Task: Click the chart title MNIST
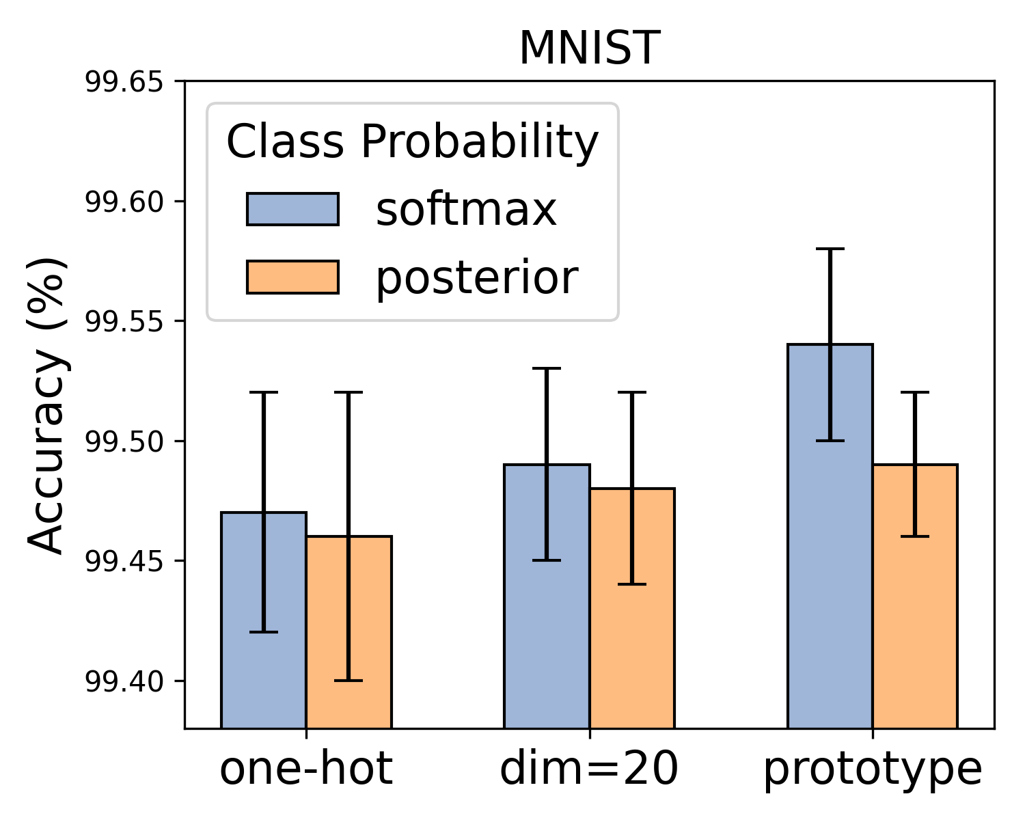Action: [590, 48]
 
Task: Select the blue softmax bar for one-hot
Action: [263, 620]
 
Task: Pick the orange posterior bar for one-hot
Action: [348, 632]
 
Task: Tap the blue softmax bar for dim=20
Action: [547, 596]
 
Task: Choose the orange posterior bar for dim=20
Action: [632, 608]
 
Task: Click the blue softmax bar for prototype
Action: [830, 536]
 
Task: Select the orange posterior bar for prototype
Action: [915, 596]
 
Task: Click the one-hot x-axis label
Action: [306, 769]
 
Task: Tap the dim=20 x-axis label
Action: [589, 769]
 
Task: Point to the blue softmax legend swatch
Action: [292, 208]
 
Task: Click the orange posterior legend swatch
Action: [292, 277]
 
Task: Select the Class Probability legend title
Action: [413, 141]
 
